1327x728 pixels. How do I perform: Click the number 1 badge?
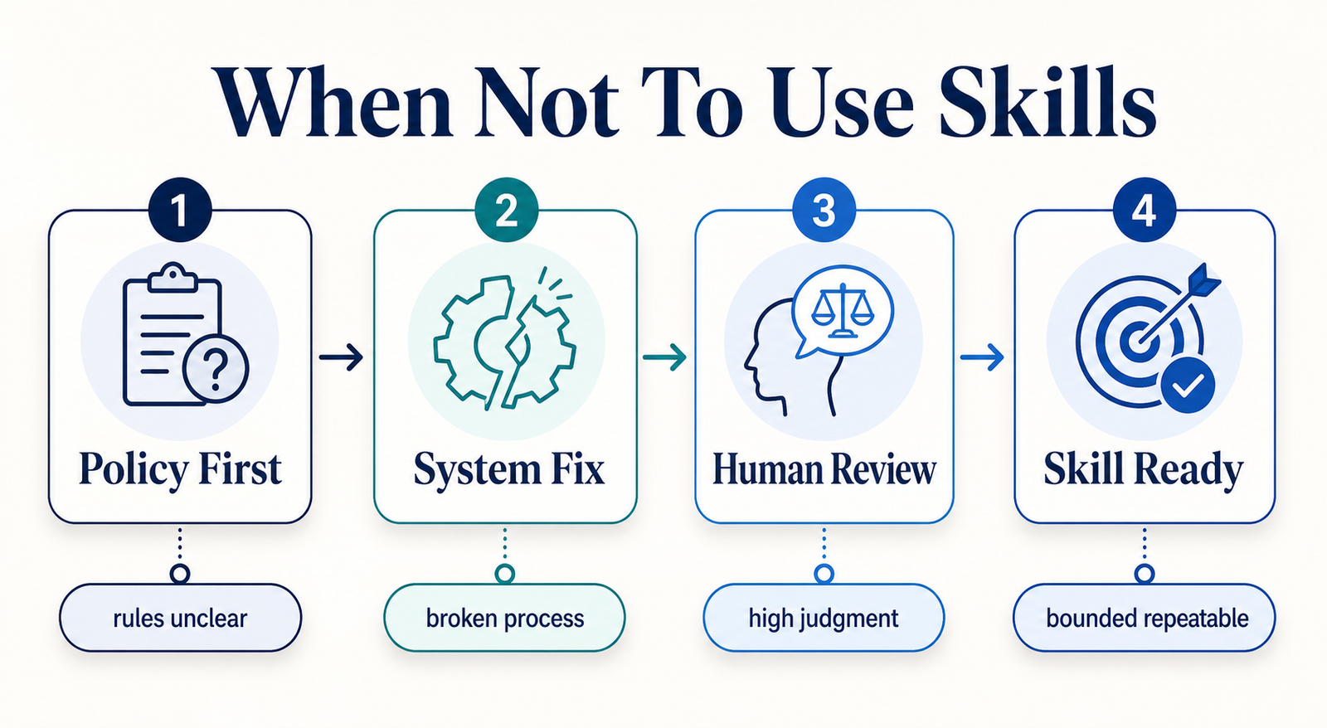tap(180, 210)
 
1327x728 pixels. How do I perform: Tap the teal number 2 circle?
tap(507, 210)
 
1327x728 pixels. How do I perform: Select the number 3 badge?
tap(824, 210)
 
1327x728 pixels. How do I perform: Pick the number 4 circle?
tap(1144, 210)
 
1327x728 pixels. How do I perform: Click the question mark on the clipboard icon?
tap(216, 370)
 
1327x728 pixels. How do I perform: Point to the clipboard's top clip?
tap(173, 277)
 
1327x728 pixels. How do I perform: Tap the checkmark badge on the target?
tap(1188, 386)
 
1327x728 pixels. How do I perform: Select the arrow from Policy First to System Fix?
tap(341, 357)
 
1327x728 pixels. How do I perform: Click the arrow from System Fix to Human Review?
tap(664, 357)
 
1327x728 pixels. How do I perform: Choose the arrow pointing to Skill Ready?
tap(982, 357)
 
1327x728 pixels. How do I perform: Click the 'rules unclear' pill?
tap(180, 618)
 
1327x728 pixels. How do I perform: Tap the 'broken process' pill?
tap(505, 618)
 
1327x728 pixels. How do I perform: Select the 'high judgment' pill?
tap(824, 618)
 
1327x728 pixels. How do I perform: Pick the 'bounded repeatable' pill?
tap(1144, 618)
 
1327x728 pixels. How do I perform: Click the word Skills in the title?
tap(1048, 102)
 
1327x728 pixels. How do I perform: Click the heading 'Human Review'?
tap(824, 470)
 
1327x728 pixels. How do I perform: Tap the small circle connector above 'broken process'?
tap(505, 574)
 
